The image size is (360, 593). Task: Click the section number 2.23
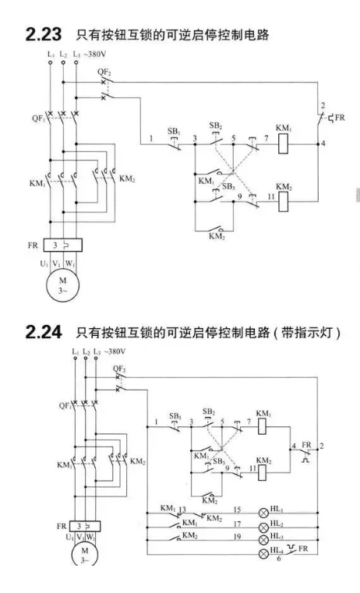point(43,34)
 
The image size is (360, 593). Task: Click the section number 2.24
point(44,333)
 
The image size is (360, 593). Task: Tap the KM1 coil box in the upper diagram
point(283,144)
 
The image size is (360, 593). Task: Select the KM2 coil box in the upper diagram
point(283,201)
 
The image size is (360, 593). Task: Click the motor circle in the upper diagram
point(62,284)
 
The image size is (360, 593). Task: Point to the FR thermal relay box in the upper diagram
point(63,245)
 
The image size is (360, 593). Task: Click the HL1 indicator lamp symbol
point(263,513)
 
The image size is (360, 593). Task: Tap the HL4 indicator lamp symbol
point(263,554)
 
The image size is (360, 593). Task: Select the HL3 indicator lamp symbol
point(263,540)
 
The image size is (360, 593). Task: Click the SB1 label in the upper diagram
point(174,131)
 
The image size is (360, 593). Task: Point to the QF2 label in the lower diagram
point(119,369)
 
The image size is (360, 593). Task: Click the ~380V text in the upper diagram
point(94,54)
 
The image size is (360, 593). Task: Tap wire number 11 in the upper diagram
point(271,196)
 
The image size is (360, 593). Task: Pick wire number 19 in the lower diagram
point(237,536)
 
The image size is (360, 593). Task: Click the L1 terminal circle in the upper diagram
point(51,62)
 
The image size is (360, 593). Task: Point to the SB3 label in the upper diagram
point(228,186)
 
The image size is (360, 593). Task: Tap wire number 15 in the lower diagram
point(237,510)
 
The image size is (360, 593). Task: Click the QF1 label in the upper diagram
point(38,118)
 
